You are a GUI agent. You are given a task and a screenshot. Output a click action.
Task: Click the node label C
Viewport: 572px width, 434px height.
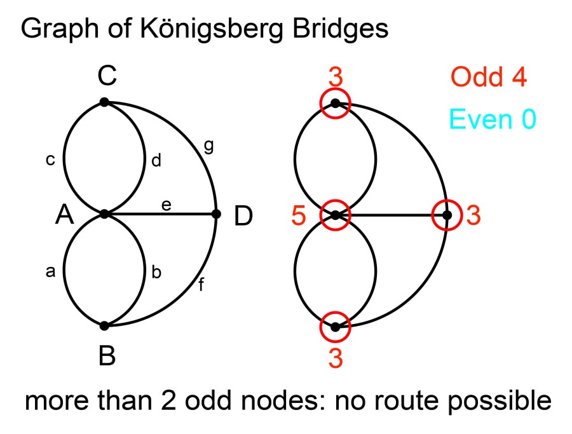pyautogui.click(x=107, y=77)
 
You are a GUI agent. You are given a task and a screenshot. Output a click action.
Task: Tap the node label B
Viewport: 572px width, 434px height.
pyautogui.click(x=107, y=356)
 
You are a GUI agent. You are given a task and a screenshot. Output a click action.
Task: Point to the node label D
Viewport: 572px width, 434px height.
pyautogui.click(x=243, y=217)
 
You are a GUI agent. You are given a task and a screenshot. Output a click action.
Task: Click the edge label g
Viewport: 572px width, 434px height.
pyautogui.click(x=208, y=146)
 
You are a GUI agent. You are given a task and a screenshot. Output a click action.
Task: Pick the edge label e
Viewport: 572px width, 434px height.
pyautogui.click(x=167, y=205)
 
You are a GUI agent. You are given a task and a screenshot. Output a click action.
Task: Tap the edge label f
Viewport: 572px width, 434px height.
pyautogui.click(x=201, y=285)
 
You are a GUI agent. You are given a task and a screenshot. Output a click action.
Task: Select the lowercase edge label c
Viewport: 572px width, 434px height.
pyautogui.click(x=50, y=160)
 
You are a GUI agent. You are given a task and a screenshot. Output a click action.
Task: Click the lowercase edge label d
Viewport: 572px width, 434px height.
pyautogui.click(x=156, y=161)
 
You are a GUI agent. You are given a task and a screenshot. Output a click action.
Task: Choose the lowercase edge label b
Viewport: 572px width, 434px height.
pyautogui.click(x=156, y=273)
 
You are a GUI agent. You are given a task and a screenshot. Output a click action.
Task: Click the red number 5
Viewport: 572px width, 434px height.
pyautogui.click(x=298, y=216)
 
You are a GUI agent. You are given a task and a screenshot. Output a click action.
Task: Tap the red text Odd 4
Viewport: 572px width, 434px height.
pyautogui.click(x=489, y=78)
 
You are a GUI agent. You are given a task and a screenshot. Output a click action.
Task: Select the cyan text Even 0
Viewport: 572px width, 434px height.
pyautogui.click(x=493, y=118)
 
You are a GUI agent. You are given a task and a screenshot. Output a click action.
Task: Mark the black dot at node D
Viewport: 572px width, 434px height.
pyautogui.click(x=216, y=214)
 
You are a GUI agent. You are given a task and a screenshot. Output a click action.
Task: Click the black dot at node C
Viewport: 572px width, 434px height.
pyautogui.click(x=105, y=102)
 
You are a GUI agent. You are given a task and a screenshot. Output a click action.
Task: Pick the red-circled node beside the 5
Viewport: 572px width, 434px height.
pyautogui.click(x=335, y=215)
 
